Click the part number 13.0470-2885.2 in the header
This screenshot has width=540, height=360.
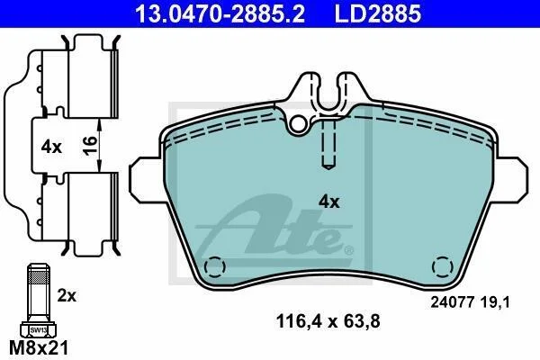220,13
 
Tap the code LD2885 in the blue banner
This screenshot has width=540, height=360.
378,13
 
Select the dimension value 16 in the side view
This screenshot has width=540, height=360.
90,146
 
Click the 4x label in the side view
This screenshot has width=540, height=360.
51,148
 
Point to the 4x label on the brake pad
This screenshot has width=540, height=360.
328,202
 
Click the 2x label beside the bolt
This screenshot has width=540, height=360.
67,295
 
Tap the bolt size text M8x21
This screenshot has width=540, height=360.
39,347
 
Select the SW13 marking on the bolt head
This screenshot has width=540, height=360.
38,330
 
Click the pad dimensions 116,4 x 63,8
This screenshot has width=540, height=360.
328,321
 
